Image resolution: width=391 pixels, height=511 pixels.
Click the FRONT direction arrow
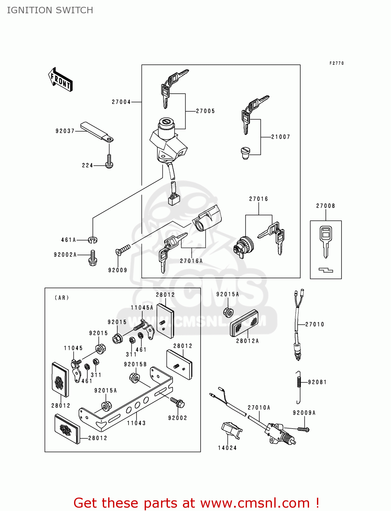pos(60,80)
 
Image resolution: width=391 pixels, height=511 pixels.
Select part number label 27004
pos(121,102)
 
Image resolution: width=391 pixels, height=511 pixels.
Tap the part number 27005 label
pos(205,111)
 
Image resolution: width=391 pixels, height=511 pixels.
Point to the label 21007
pos(280,137)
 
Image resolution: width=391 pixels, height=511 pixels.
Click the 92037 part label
pos(65,131)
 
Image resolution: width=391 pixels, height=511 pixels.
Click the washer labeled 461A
pos(93,240)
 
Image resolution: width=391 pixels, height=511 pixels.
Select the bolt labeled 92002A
pos(93,258)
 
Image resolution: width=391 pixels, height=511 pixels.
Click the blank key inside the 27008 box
pos(326,241)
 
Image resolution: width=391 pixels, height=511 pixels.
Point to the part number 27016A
pos(191,261)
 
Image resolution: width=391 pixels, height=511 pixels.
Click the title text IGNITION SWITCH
pos(50,10)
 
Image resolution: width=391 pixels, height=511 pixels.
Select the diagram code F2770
pos(336,63)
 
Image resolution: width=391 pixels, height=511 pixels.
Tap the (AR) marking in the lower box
pos(62,298)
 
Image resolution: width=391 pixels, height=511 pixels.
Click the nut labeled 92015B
pos(134,377)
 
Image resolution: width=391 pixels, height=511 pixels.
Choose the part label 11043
pos(136,423)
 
